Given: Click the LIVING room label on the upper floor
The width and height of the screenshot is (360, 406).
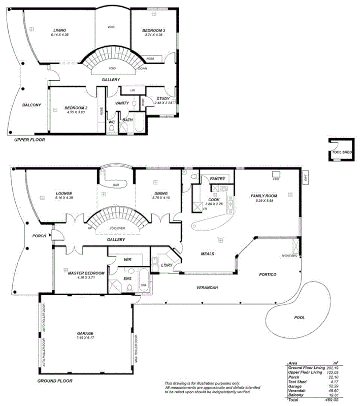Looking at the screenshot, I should (59, 30).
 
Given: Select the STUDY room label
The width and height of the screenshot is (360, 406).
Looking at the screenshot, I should (163, 99).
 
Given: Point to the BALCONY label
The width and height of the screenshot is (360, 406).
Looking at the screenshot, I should (31, 105).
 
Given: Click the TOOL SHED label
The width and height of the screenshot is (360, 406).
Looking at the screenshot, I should (341, 152).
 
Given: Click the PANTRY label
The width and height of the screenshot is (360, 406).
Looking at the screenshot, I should (217, 179).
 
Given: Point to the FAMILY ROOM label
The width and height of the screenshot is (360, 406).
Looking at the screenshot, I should (263, 196).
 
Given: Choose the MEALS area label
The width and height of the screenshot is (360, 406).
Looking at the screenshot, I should (207, 254).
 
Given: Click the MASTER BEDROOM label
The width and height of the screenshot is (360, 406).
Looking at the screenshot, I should (86, 273).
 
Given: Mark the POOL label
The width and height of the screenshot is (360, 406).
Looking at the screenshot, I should (299, 318).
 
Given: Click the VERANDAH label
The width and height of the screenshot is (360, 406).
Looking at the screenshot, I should (207, 288).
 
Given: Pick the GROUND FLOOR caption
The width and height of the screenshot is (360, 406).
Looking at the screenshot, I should (55, 381).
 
